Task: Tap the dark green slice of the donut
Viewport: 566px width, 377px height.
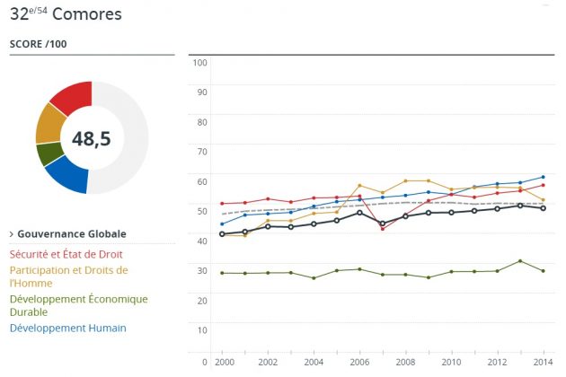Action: pos(49,153)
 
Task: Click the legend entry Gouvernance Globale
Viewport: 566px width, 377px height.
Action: pos(71,234)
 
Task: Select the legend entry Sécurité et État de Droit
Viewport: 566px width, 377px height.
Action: pos(66,254)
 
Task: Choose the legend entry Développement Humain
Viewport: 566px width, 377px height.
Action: pos(68,328)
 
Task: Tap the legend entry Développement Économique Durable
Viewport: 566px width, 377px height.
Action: pos(79,305)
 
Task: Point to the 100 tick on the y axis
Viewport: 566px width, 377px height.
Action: pos(200,62)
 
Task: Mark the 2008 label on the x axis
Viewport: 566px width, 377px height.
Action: pos(407,362)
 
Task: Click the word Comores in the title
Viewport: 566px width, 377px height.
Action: pos(90,14)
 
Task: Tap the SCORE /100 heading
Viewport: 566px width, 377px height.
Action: pos(38,44)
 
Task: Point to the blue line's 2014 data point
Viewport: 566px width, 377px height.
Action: pos(544,177)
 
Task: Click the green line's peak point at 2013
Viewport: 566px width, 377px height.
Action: pos(521,261)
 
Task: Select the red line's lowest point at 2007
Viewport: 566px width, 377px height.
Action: pos(383,229)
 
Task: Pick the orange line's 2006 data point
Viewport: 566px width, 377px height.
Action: pos(359,186)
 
